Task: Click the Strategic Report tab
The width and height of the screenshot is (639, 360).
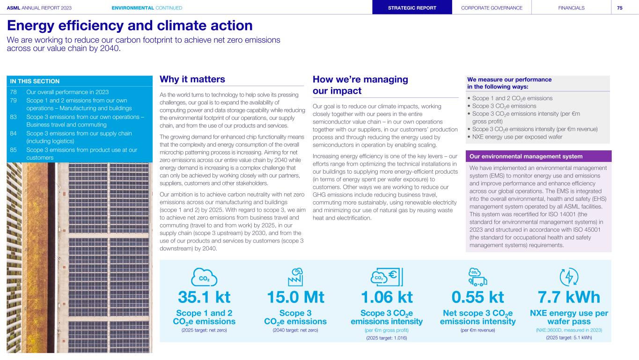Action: pyautogui.click(x=412, y=7)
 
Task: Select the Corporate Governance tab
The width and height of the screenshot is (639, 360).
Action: pyautogui.click(x=492, y=7)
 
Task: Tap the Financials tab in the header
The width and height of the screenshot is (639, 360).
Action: pyautogui.click(x=571, y=7)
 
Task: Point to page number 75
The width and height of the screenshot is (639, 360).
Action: pyautogui.click(x=619, y=7)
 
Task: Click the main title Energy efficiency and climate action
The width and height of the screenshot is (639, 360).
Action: pyautogui.click(x=130, y=25)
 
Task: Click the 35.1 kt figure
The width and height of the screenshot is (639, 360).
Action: pyautogui.click(x=204, y=297)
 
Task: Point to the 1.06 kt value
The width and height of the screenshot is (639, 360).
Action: pyautogui.click(x=386, y=297)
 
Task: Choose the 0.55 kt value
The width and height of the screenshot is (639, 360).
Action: pyautogui.click(x=477, y=297)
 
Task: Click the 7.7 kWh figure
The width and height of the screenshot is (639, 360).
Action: pyautogui.click(x=569, y=297)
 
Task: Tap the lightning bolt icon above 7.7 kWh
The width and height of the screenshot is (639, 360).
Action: pyautogui.click(x=569, y=277)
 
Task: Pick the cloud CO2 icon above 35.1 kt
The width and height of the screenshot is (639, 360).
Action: pyautogui.click(x=204, y=277)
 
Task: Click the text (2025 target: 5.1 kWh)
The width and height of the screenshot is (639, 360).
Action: pyautogui.click(x=569, y=338)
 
